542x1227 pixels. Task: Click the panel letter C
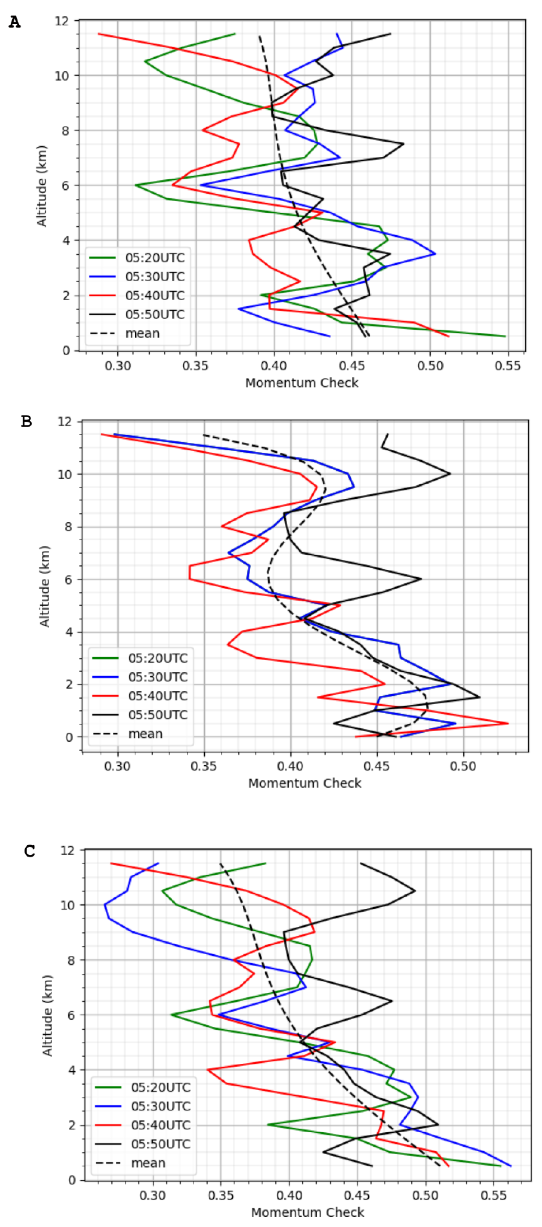point(30,851)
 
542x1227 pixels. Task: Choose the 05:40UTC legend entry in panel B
point(157,696)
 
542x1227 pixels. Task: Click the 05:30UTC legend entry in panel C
point(160,1106)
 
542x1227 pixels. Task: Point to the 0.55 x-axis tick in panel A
point(508,366)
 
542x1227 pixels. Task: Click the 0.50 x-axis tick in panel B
point(463,767)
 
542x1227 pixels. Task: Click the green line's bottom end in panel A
point(505,336)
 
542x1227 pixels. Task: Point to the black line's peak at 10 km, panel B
point(450,474)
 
